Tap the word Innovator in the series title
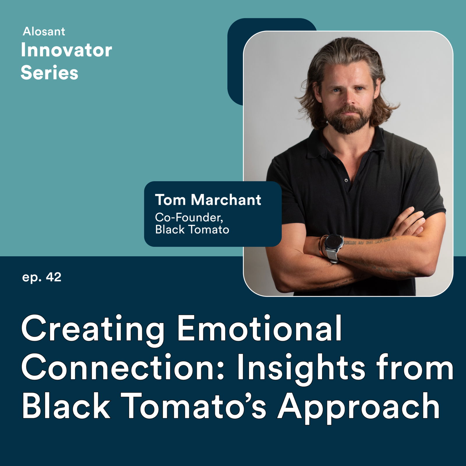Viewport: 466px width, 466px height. (66, 50)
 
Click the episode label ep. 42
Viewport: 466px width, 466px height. (42, 277)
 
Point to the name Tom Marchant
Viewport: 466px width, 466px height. (208, 200)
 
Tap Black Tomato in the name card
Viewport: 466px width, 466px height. (192, 230)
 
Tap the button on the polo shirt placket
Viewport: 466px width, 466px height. (346, 181)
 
